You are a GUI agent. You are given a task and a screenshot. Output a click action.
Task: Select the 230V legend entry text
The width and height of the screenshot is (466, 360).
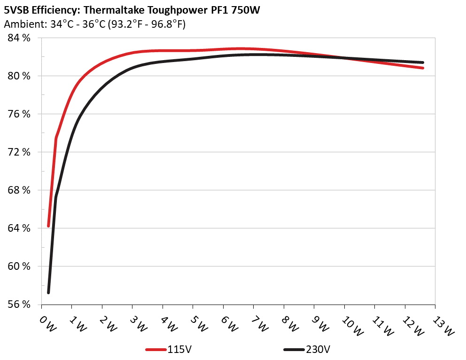click(318, 350)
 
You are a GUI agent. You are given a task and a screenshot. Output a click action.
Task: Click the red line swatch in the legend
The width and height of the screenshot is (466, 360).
click(156, 350)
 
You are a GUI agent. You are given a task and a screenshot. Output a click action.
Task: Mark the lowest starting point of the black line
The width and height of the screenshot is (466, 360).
click(48, 293)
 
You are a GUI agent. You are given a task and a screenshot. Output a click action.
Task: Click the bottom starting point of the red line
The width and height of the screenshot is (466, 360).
click(48, 226)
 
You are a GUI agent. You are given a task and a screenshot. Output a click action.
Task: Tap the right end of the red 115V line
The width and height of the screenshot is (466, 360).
click(423, 68)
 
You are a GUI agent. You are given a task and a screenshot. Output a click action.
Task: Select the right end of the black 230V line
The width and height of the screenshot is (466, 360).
click(423, 62)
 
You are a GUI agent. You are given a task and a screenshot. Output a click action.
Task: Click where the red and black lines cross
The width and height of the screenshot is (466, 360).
click(345, 58)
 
